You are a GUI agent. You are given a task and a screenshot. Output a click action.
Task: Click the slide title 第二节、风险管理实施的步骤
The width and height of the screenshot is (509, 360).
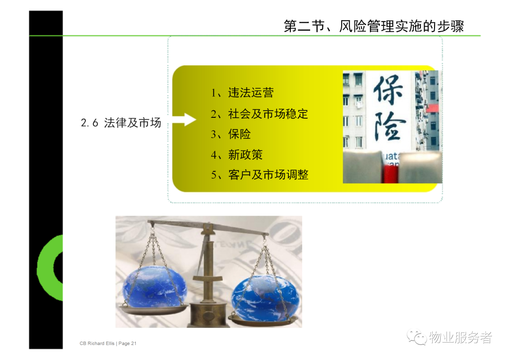pyautogui.click(x=374, y=26)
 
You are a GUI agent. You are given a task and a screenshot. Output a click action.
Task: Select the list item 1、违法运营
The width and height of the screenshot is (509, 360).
pyautogui.click(x=242, y=93)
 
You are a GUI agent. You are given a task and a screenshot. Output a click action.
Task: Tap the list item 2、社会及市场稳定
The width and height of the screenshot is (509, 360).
pyautogui.click(x=259, y=114)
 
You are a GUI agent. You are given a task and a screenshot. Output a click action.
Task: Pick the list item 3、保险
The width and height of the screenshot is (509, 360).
pyautogui.click(x=231, y=134)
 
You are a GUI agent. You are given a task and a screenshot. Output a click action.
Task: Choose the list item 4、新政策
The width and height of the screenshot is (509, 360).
pyautogui.click(x=237, y=155)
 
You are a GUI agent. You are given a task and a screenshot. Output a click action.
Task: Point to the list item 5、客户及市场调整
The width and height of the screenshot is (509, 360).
pyautogui.click(x=260, y=175)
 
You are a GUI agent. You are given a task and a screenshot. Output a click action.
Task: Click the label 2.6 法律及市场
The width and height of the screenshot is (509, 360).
pyautogui.click(x=121, y=123)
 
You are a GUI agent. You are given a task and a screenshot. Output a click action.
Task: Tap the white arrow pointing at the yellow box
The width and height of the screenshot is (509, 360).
pyautogui.click(x=184, y=120)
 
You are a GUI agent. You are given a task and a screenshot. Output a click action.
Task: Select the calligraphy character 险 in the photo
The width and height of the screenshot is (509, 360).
pyautogui.click(x=389, y=126)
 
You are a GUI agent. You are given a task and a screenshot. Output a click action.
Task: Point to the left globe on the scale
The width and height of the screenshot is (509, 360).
pyautogui.click(x=155, y=288)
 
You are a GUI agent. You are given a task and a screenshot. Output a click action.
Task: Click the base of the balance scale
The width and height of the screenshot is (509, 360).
pyautogui.click(x=208, y=314)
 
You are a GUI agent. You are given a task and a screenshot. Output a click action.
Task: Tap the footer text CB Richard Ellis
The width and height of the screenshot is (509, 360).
pyautogui.click(x=97, y=344)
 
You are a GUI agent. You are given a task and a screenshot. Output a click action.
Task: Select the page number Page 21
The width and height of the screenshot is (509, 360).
pyautogui.click(x=128, y=344)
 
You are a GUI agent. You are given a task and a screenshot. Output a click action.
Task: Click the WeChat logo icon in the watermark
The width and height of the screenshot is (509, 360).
pyautogui.click(x=417, y=337)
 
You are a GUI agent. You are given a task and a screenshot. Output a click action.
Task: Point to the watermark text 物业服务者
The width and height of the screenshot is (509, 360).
pyautogui.click(x=460, y=337)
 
